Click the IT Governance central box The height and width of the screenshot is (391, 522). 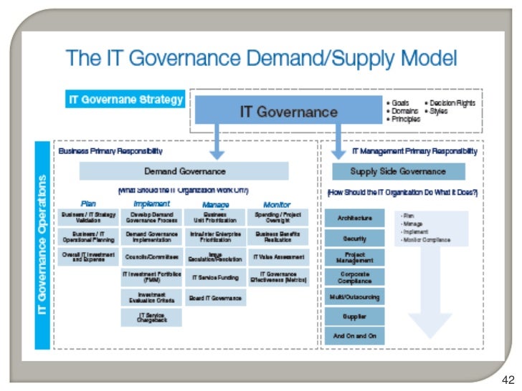288,112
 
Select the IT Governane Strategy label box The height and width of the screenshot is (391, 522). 125,100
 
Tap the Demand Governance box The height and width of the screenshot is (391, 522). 184,171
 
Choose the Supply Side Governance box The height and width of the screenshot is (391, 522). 398,171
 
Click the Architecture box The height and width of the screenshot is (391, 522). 354,218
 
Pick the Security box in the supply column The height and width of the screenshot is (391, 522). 354,238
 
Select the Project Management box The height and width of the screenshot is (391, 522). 354,257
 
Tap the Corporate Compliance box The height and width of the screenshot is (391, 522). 354,276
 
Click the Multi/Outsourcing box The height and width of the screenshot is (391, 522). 354,296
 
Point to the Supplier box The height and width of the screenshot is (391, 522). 354,316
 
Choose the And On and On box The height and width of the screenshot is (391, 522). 354,335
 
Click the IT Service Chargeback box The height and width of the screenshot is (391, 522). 151,318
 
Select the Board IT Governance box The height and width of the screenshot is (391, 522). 214,298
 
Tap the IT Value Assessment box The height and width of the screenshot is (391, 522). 278,256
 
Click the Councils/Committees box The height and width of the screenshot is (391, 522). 151,256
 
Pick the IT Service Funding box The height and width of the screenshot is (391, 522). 214,276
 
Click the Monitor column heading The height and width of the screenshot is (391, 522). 277,204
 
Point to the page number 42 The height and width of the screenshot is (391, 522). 508,380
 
